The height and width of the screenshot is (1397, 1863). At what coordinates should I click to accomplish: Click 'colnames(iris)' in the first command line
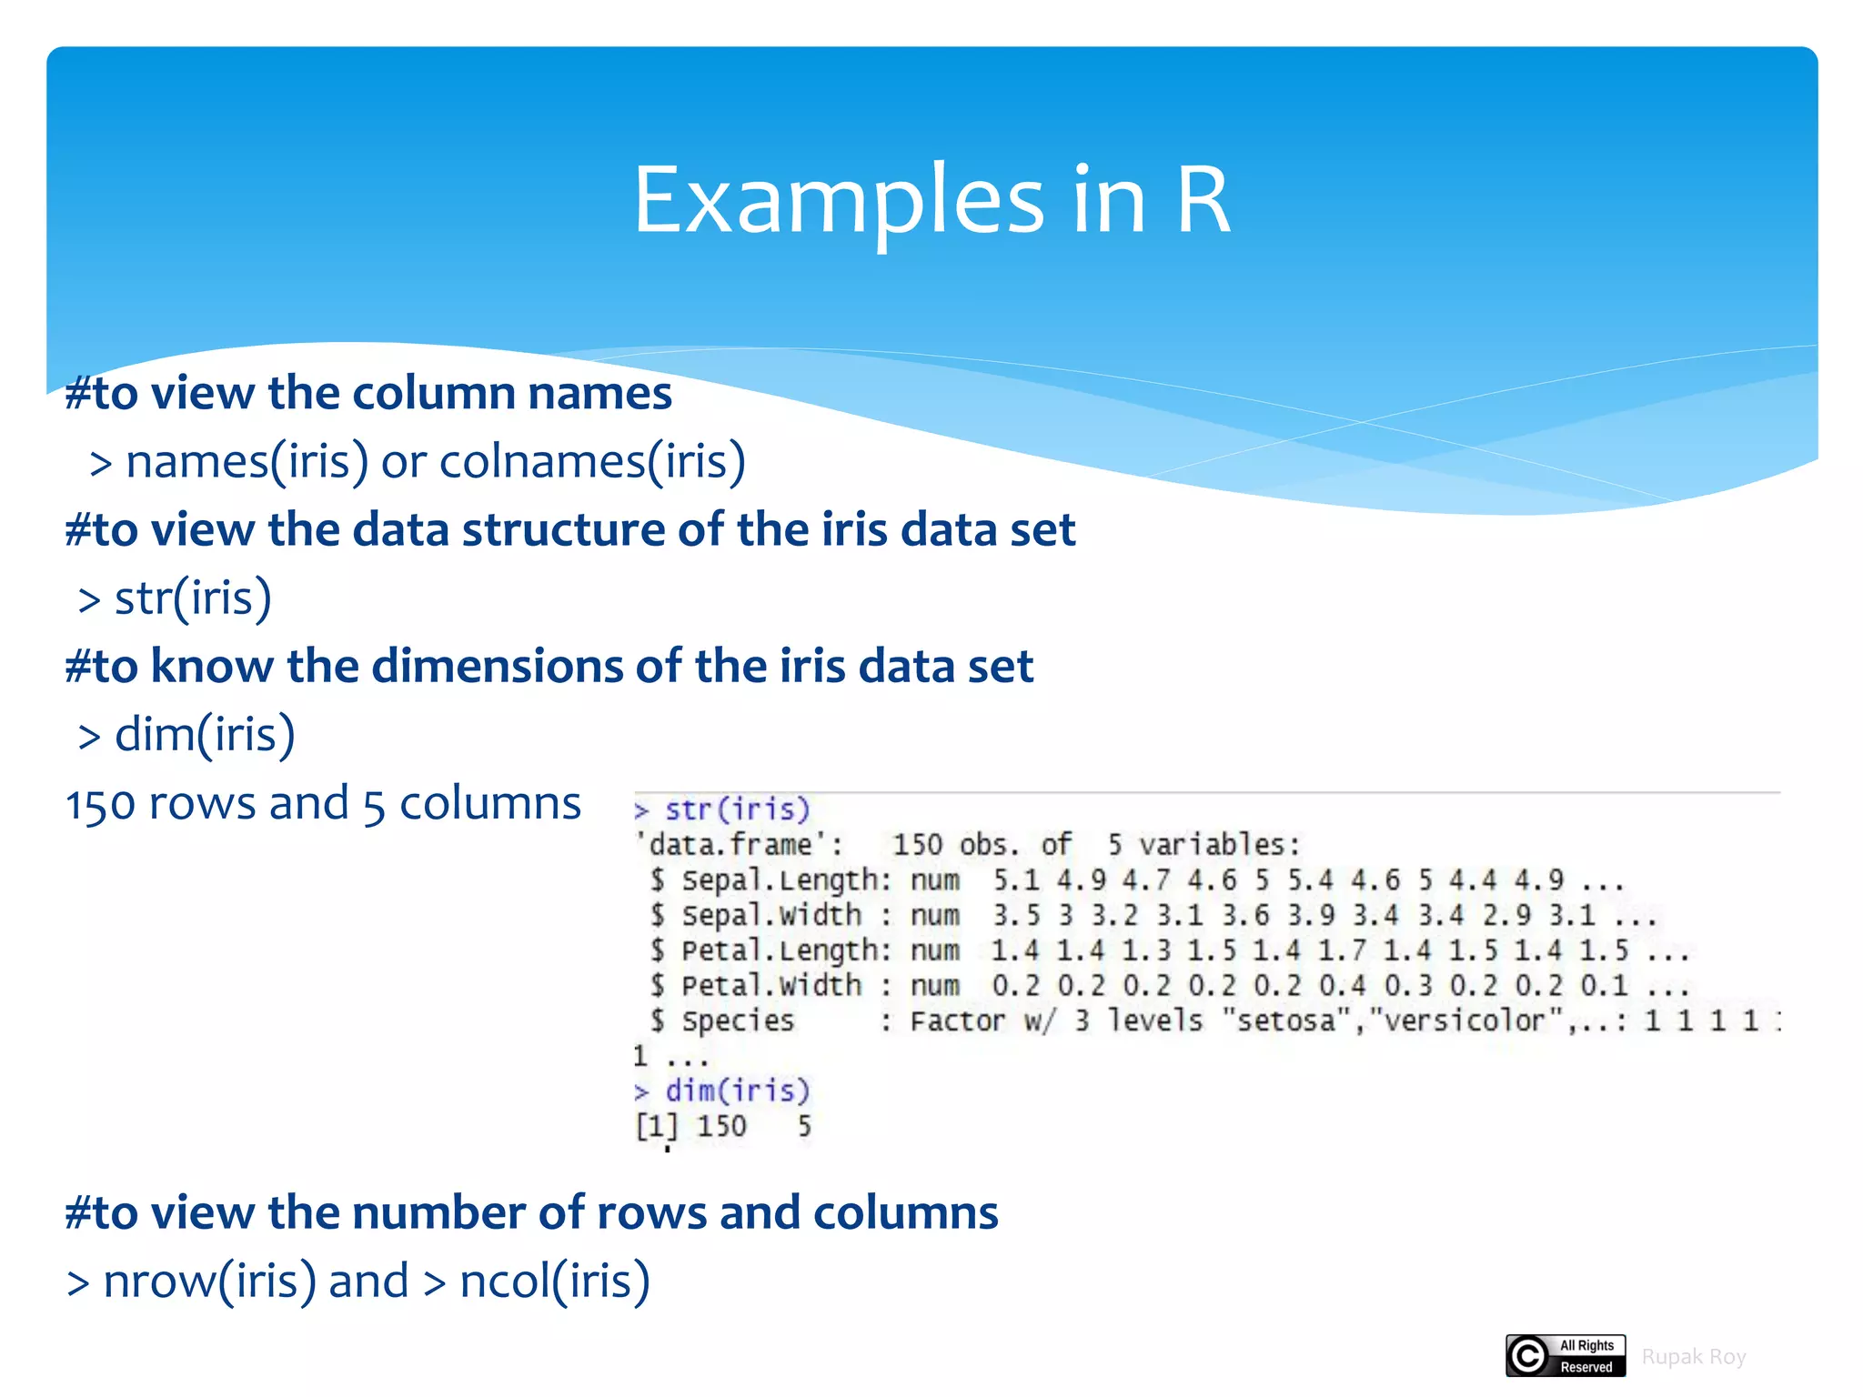pyautogui.click(x=592, y=461)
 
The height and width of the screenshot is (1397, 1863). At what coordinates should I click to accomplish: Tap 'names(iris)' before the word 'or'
pyautogui.click(x=247, y=461)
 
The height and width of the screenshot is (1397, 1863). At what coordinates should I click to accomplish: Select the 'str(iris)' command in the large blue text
pyautogui.click(x=192, y=598)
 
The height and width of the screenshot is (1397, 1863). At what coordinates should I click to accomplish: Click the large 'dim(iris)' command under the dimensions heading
pyautogui.click(x=205, y=735)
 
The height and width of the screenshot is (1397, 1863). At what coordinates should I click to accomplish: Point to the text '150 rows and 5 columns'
pyautogui.click(x=323, y=804)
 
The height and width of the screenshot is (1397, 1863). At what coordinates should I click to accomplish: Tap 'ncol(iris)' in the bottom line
pyautogui.click(x=555, y=1281)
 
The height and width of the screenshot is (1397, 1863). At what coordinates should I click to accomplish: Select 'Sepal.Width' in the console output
pyautogui.click(x=770, y=915)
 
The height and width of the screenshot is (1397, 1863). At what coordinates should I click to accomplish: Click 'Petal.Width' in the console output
pyautogui.click(x=770, y=985)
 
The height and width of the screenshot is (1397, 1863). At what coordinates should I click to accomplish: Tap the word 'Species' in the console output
pyautogui.click(x=738, y=1020)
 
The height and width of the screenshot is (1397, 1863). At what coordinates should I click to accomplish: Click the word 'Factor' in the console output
pyautogui.click(x=957, y=1020)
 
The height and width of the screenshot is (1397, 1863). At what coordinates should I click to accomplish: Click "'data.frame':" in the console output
pyautogui.click(x=738, y=845)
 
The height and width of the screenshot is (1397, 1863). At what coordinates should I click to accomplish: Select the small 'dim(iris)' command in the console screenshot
pyautogui.click(x=736, y=1090)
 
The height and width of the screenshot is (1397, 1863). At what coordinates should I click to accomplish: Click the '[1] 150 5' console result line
pyautogui.click(x=723, y=1126)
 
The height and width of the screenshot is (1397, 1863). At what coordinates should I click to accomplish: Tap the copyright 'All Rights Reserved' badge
pyautogui.click(x=1565, y=1356)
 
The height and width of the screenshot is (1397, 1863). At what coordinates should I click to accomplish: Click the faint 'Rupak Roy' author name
pyautogui.click(x=1693, y=1357)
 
